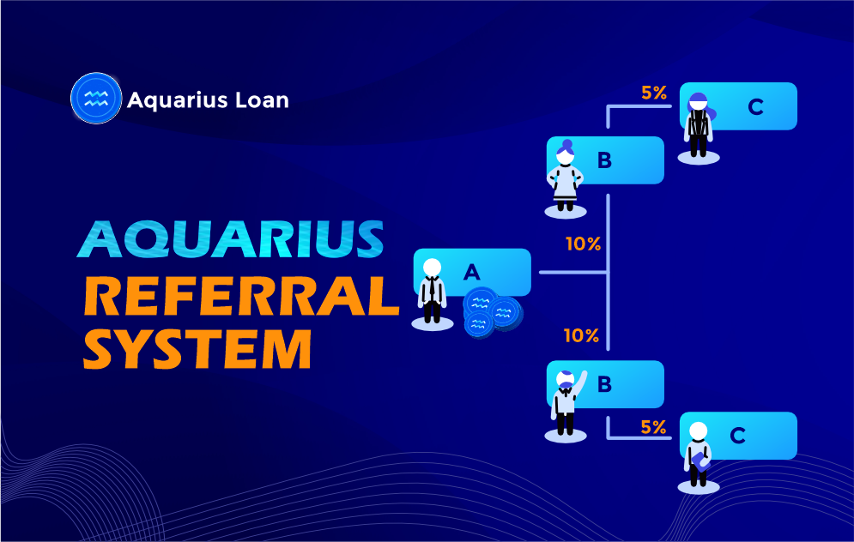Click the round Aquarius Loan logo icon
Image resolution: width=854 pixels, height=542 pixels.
95,99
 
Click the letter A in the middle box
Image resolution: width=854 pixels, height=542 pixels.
472,272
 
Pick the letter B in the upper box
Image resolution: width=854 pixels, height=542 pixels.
604,160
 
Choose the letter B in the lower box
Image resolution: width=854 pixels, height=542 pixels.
604,383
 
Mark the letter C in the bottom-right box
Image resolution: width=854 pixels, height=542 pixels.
737,436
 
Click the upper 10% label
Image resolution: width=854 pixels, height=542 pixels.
583,244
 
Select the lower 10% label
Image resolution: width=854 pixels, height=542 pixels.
581,336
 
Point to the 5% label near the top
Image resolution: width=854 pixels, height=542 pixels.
653,93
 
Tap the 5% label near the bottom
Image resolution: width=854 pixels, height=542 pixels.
653,426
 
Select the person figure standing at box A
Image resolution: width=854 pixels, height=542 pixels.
432,292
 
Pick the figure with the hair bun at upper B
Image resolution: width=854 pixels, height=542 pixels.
566,177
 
